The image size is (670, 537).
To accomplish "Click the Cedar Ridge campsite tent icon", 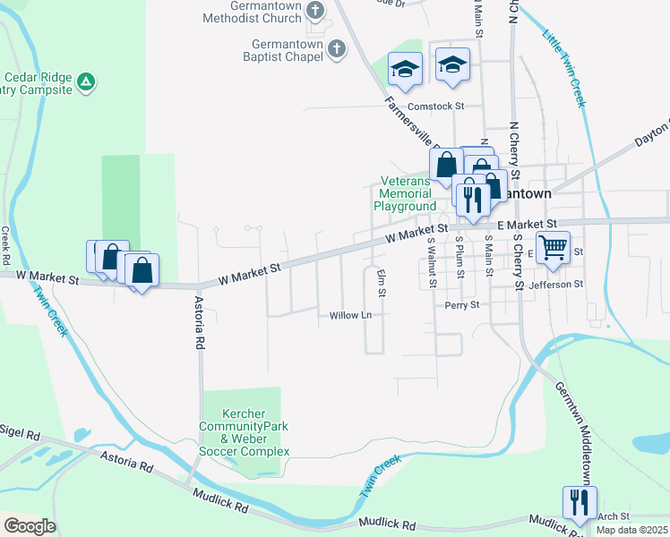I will pyautogui.click(x=86, y=82).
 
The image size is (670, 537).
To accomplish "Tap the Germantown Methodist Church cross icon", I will pyautogui.click(x=314, y=10).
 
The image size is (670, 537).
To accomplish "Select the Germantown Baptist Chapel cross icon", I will pyautogui.click(x=336, y=48).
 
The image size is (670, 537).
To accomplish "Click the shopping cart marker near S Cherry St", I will pyautogui.click(x=553, y=246).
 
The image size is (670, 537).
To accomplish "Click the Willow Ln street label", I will pyautogui.click(x=350, y=316).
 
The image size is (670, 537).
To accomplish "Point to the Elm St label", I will pyautogui.click(x=382, y=283).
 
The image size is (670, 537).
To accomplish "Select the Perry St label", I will pyautogui.click(x=462, y=305).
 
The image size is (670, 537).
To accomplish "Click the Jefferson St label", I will pyautogui.click(x=556, y=284).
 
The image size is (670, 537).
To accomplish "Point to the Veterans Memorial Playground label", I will pyautogui.click(x=404, y=192).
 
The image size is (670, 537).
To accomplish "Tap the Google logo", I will pyautogui.click(x=29, y=526).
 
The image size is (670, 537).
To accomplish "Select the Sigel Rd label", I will pyautogui.click(x=21, y=434).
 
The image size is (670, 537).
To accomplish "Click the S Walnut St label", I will pyautogui.click(x=431, y=261).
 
